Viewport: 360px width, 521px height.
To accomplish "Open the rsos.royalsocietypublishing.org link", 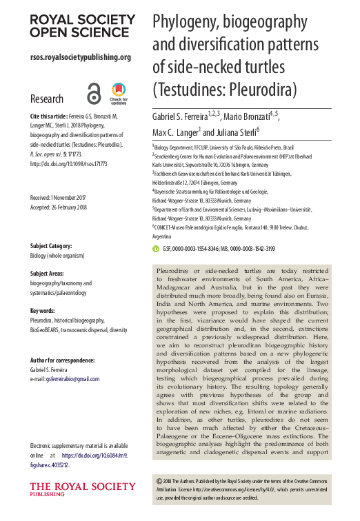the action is click(x=81, y=57).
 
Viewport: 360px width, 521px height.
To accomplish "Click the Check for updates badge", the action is click(x=119, y=93).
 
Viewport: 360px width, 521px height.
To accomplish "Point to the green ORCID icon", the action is click(x=155, y=248).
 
